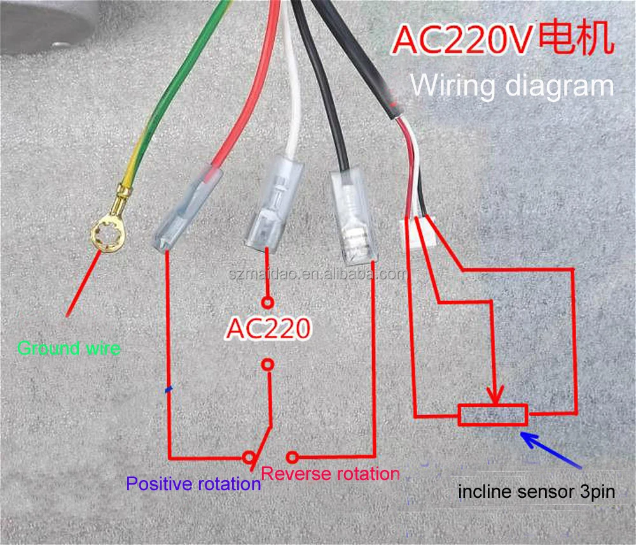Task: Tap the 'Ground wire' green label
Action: [69, 349]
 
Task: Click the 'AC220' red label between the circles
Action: [269, 329]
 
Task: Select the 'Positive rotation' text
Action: [193, 484]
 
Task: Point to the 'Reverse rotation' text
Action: [330, 474]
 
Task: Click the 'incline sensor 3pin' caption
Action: [537, 492]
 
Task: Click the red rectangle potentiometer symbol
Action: [493, 415]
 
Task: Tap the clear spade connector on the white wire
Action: [274, 203]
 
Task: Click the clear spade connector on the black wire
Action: [353, 217]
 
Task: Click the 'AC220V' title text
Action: [464, 40]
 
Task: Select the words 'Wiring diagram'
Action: [512, 84]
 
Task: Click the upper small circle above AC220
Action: [268, 301]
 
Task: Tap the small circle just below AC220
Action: [268, 365]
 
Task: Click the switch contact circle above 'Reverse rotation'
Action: [293, 457]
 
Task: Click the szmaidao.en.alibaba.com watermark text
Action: [318, 275]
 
